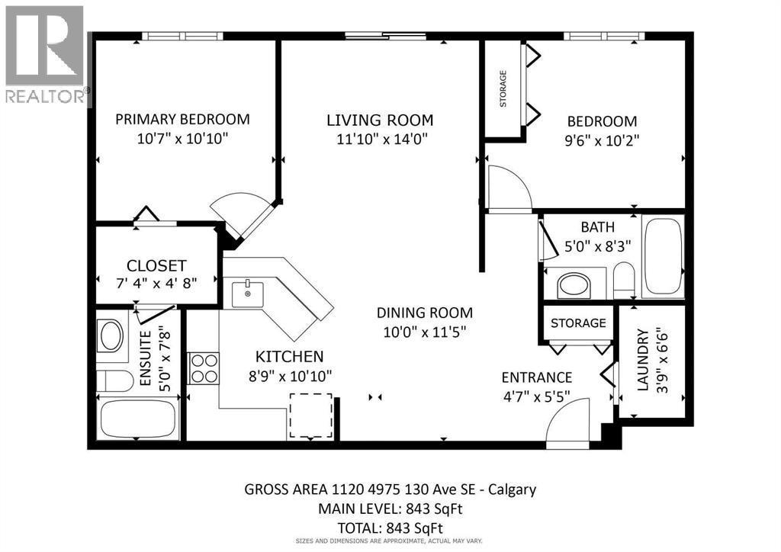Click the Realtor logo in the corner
pos(44,53)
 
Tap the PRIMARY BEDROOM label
pos(182,119)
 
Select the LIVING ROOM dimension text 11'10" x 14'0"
pos(380,139)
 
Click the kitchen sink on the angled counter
pos(248,294)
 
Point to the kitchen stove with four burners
pos(204,368)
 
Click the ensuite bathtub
pos(138,419)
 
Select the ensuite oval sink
pos(111,335)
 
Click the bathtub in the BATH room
pos(663,256)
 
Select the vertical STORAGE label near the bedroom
pos(503,88)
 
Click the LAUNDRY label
pos(642,360)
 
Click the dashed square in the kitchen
pos(310,416)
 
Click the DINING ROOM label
pos(424,313)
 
